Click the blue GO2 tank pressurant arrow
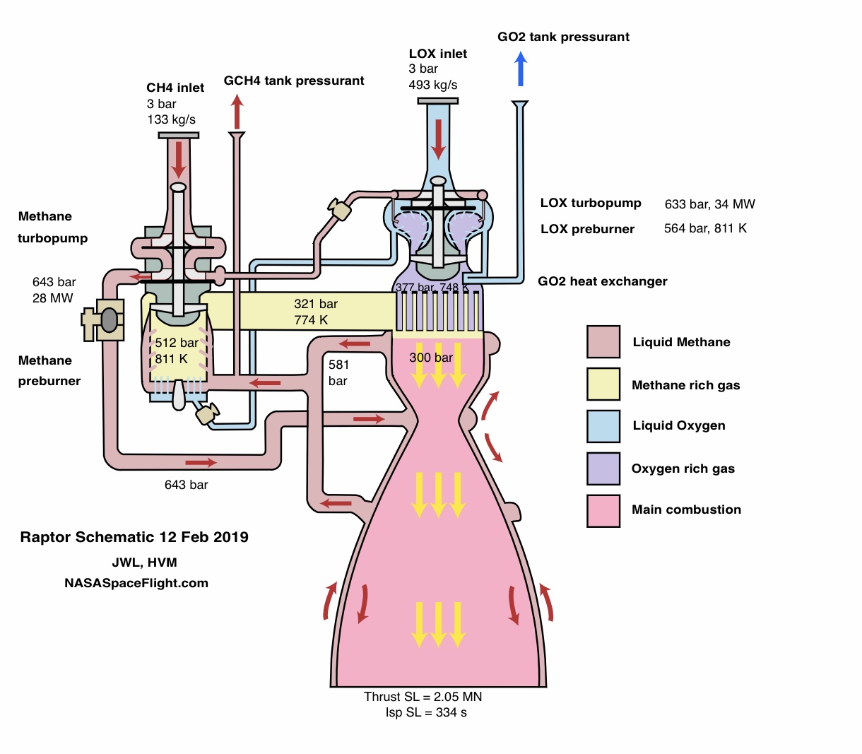point(521,71)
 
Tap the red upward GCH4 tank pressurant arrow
point(237,112)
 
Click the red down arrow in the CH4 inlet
point(178,160)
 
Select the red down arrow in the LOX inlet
point(439,139)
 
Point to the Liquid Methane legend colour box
point(603,342)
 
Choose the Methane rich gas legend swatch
point(603,384)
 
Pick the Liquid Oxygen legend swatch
point(603,426)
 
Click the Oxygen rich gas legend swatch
point(603,469)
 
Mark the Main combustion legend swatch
point(603,510)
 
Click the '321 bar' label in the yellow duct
point(316,304)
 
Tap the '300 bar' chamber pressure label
point(431,358)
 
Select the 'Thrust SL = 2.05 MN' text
point(423,697)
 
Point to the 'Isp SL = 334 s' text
point(426,712)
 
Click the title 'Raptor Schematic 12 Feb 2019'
point(134,537)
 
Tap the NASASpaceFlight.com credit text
point(136,583)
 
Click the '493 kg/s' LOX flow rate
point(432,85)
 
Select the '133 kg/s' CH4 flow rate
point(171,119)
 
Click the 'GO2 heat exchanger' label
point(602,281)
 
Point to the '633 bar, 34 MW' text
point(709,204)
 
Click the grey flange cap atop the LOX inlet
point(438,101)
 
